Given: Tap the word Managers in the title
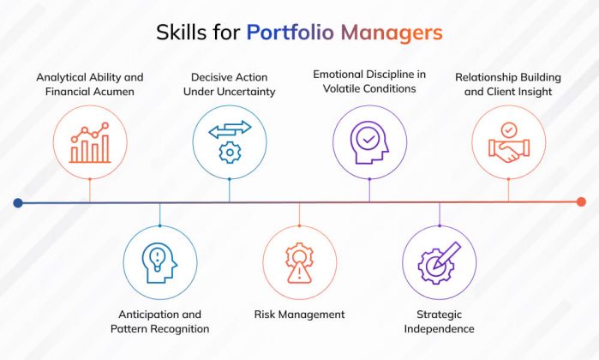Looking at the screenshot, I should click(392, 33).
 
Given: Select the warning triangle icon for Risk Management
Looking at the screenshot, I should click(299, 262).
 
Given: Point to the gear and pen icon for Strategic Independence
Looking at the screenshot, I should click(439, 262).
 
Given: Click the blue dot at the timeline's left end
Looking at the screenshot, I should click(18, 202).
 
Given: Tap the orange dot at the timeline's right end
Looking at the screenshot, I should click(581, 202).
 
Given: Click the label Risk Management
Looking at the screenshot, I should click(299, 315).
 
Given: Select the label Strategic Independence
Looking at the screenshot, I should click(439, 321).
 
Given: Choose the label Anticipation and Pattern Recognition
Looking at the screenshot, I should click(160, 321).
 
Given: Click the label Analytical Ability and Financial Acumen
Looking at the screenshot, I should click(90, 84).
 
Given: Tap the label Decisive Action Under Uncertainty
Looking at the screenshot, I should click(229, 84).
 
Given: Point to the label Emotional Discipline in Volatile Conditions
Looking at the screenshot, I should click(368, 81).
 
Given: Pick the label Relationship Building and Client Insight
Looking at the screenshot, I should click(508, 84).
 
